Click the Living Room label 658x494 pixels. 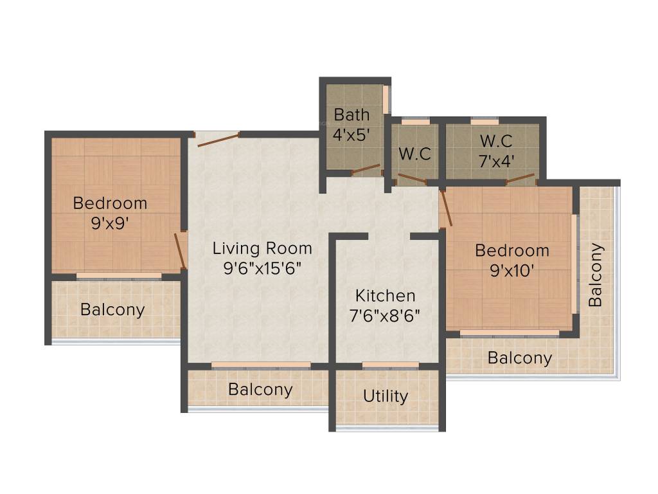click(x=262, y=248)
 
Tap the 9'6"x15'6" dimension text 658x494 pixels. click(x=262, y=268)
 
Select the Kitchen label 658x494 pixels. click(x=386, y=296)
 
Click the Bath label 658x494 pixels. click(x=351, y=115)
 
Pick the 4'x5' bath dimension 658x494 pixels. click(x=351, y=136)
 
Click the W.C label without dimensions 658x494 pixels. click(x=414, y=154)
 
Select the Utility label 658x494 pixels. click(x=386, y=396)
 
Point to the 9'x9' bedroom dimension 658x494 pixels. click(x=110, y=224)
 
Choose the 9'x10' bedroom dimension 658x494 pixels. click(x=512, y=271)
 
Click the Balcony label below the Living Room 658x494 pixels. click(x=260, y=389)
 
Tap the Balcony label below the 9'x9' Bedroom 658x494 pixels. click(x=112, y=309)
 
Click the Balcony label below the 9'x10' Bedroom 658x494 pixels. click(x=519, y=358)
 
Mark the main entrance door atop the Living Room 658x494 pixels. click(x=218, y=140)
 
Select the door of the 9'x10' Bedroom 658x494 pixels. click(x=446, y=207)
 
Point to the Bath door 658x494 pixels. click(x=366, y=170)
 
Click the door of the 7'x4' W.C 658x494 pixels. click(x=520, y=178)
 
